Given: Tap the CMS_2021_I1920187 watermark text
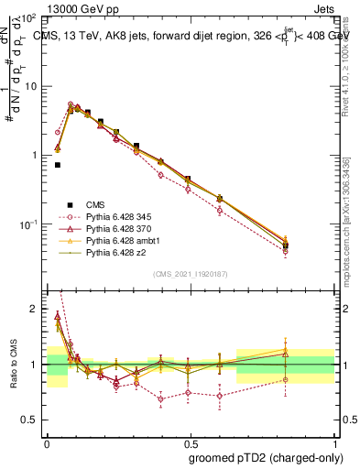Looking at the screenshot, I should tap(191, 274).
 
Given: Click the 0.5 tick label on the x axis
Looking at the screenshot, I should tap(191, 442).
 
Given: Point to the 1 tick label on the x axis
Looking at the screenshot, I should tap(334, 442).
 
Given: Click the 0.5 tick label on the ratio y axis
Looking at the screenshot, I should tap(31, 420).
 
